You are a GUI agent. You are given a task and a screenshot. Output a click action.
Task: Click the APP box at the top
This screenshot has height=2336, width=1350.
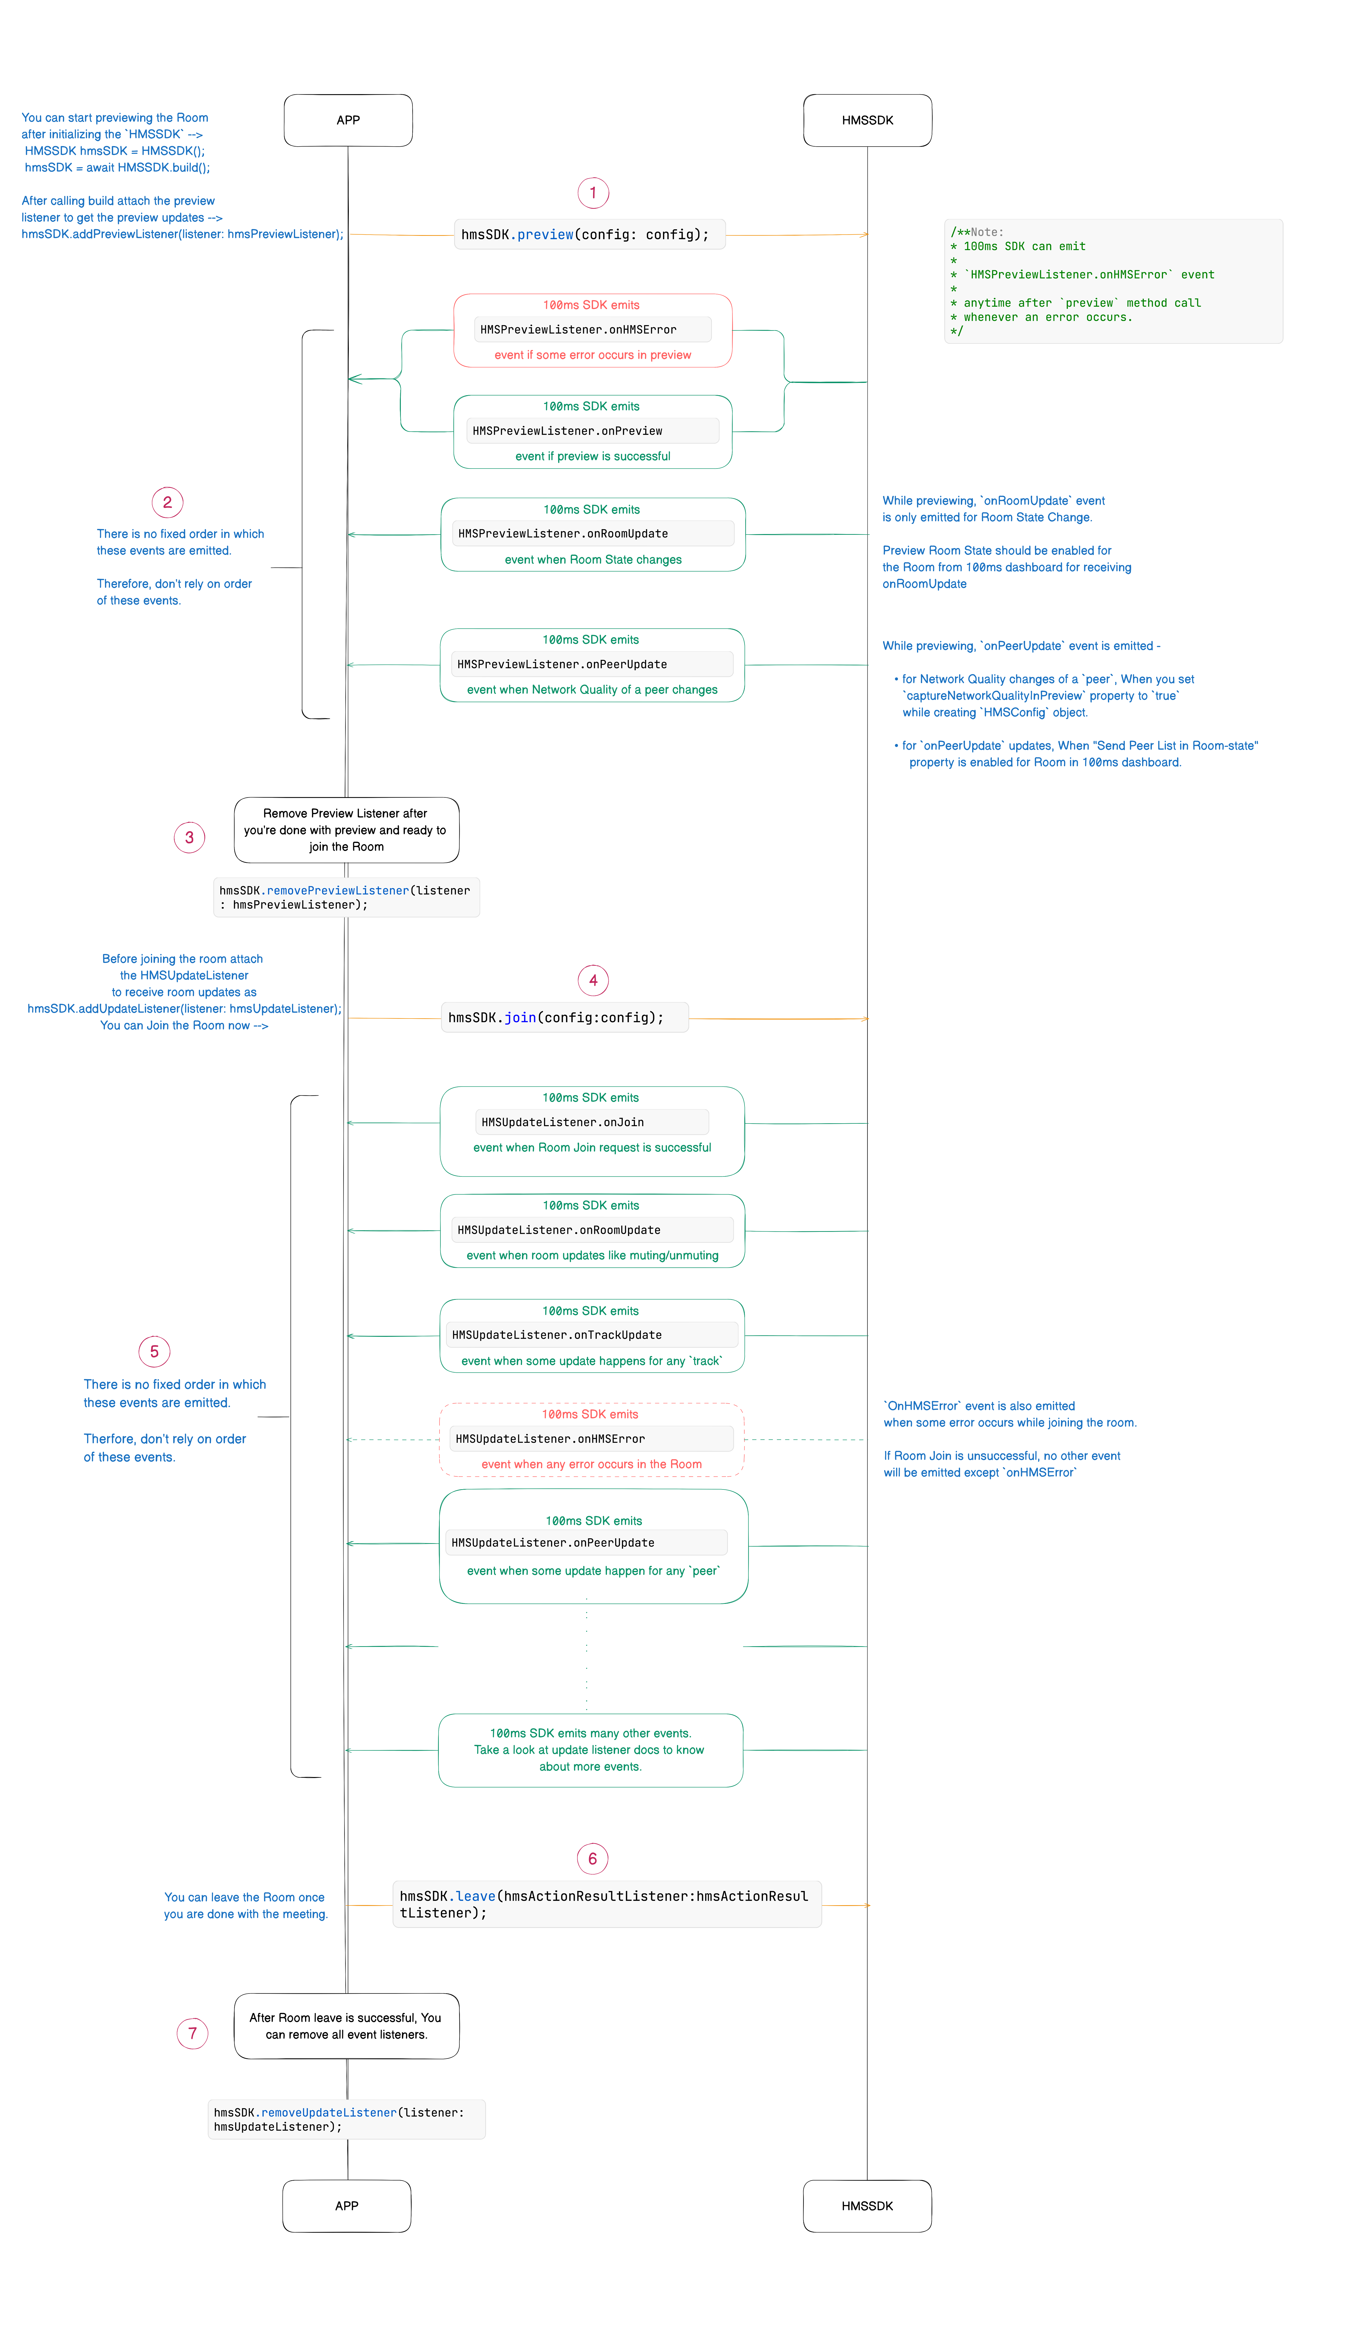348,120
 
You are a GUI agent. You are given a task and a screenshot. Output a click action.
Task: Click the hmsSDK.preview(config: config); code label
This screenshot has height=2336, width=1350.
590,235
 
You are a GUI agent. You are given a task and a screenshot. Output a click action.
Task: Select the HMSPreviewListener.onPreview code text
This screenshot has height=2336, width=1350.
567,431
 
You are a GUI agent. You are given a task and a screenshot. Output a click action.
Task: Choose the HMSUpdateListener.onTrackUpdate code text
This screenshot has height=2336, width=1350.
556,1335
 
